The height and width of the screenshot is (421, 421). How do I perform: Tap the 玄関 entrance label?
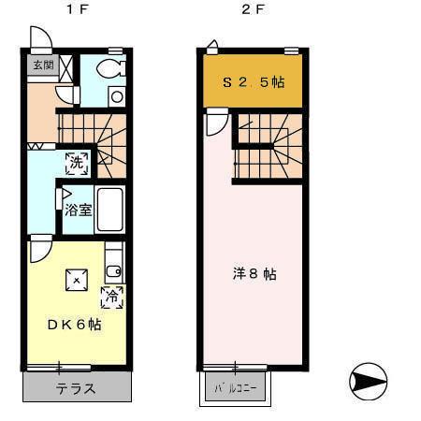(x=43, y=65)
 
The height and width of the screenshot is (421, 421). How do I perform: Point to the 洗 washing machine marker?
(x=78, y=161)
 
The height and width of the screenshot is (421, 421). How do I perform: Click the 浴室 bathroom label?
(x=78, y=210)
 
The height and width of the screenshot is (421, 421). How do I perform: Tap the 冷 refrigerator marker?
(x=112, y=297)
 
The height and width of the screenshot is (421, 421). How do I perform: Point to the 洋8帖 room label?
(x=254, y=274)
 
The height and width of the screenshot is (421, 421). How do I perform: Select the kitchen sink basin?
(x=113, y=271)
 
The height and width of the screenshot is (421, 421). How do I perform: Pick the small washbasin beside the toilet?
(x=116, y=94)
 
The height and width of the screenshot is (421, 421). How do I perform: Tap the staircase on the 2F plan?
(x=268, y=148)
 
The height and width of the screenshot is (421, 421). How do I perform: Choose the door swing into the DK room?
(x=41, y=249)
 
